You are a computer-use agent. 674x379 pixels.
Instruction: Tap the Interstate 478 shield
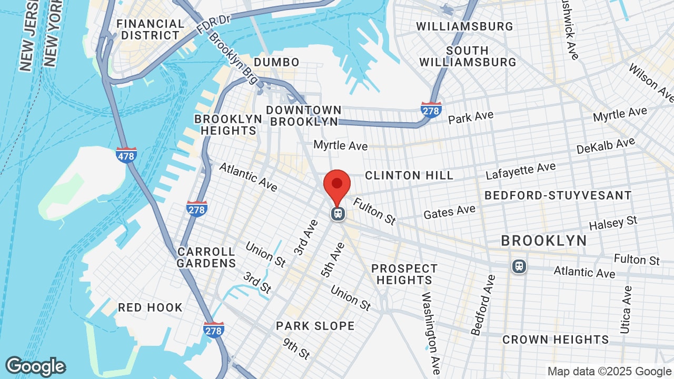(126, 155)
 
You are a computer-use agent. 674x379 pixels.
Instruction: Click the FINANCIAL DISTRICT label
(150, 29)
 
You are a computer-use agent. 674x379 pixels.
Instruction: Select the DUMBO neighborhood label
(276, 62)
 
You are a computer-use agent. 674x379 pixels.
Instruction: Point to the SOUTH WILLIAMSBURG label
(468, 56)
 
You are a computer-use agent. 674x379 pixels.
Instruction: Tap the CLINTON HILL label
(409, 175)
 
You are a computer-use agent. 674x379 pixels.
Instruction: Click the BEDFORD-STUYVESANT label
(558, 195)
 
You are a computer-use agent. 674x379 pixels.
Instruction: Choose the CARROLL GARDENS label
(206, 257)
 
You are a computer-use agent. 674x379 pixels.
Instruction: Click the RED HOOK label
(150, 307)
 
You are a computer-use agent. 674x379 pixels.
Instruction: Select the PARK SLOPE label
(315, 326)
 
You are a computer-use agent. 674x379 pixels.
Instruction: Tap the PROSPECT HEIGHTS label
(404, 274)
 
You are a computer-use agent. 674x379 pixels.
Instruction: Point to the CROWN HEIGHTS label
(556, 340)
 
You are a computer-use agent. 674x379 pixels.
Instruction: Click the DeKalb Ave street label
(606, 146)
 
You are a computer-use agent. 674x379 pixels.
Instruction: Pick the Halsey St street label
(613, 223)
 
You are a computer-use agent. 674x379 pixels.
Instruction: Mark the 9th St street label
(296, 348)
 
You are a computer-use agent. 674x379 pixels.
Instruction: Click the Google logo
(36, 366)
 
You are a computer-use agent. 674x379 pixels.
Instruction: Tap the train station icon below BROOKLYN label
(519, 266)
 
